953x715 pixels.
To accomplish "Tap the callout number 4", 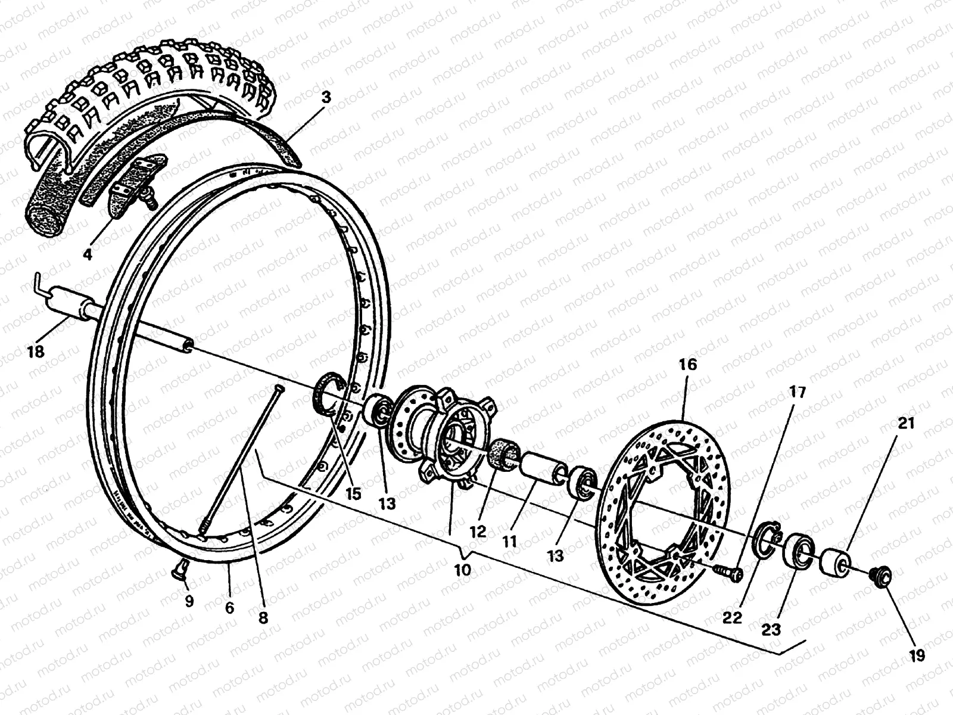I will (88, 255).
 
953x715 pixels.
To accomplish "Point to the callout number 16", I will (687, 364).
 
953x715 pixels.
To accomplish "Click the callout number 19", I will (917, 656).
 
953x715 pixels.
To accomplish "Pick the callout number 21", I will (906, 424).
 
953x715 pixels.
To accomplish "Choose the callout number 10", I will (462, 570).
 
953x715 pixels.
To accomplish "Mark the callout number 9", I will (189, 602).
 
